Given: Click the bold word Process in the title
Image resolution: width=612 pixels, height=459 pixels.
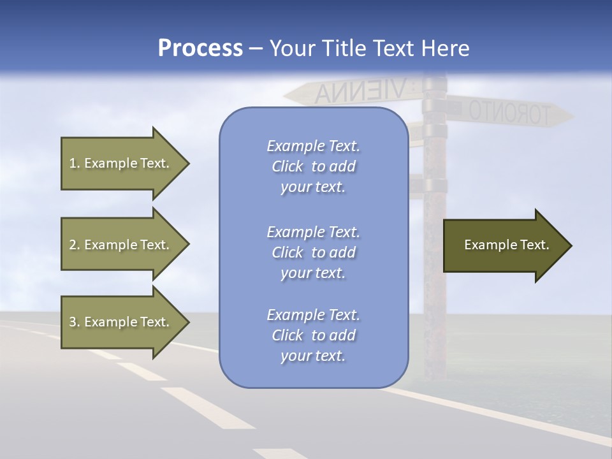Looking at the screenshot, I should [200, 48].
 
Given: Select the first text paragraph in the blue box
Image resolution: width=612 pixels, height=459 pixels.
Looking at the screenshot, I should [313, 166].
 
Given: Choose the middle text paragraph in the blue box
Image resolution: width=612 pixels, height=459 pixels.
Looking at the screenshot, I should [313, 252].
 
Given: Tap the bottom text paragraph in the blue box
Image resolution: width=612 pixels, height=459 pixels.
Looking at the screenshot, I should [313, 335].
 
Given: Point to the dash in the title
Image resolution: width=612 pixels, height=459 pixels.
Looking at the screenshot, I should [256, 49].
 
